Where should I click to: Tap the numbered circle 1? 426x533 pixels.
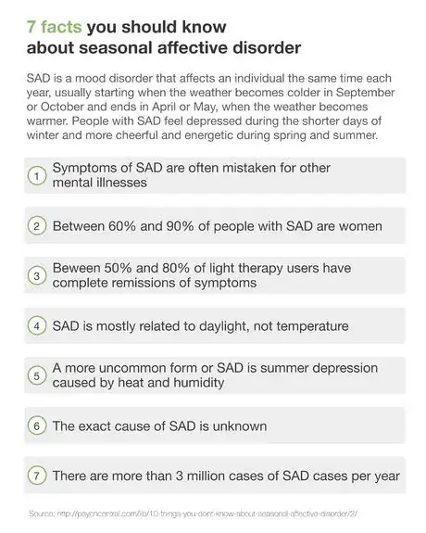tap(36, 175)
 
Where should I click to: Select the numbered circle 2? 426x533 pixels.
tap(36, 225)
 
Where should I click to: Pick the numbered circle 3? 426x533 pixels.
tap(36, 275)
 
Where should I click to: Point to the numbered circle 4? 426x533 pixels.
tap(36, 325)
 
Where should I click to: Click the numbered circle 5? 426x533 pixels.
tap(36, 375)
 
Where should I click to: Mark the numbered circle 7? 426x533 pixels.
tap(36, 476)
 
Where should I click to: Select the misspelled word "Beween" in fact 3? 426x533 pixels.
tap(79, 267)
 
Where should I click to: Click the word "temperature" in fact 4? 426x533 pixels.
tap(308, 325)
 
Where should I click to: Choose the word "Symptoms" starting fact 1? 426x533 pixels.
tap(86, 167)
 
